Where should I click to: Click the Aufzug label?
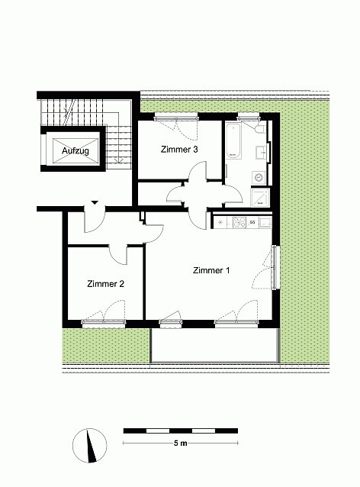pos(76,151)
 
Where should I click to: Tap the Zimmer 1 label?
pos(211,270)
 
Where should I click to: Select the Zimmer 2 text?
pos(105,284)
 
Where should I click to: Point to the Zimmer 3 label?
pos(179,150)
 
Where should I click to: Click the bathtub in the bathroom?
pos(233,141)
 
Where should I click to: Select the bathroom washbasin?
pos(262,153)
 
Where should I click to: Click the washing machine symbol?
pos(259,178)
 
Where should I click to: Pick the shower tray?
pos(260,198)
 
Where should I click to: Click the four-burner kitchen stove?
pos(239,222)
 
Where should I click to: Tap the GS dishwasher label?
pos(252,222)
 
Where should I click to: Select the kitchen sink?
pos(265,222)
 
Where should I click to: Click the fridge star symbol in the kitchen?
pos(220,222)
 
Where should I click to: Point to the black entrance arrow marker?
pos(95,203)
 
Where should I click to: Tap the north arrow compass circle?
pos(90,446)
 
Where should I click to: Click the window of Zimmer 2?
pos(104,324)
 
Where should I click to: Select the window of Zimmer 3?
pos(176,117)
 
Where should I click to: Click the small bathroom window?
pos(248,117)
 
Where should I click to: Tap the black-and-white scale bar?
pos(181,431)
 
